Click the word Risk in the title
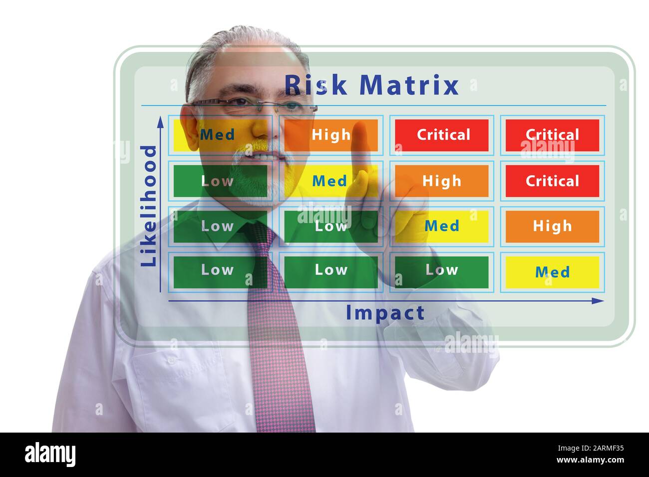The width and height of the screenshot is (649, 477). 316,85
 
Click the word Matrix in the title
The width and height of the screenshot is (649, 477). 408,85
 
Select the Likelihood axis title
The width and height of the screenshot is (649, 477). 149,206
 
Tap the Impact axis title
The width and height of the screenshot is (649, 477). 385,313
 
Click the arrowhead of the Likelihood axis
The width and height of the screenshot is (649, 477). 160,121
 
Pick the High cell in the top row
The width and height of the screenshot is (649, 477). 330,135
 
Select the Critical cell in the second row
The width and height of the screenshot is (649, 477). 552,181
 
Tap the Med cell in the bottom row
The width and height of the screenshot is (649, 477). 552,272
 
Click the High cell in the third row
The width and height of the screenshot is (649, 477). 552,226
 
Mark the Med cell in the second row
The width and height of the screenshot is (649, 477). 329,181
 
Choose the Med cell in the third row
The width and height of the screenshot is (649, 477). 441,226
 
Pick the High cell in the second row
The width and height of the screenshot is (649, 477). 441,181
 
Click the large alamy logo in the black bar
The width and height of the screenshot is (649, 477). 50,455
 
